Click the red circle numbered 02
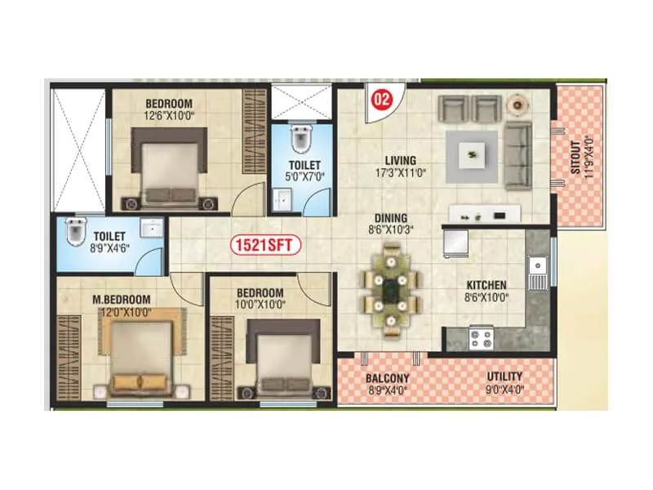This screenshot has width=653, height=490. tap(382, 99)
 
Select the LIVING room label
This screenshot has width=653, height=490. tap(400, 160)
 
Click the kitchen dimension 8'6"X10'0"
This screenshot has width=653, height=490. tap(486, 297)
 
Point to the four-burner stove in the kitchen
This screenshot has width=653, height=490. tap(482, 338)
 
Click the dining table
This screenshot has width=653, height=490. tap(391, 289)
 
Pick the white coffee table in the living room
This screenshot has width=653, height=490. tap(472, 155)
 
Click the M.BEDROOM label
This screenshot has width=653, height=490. tap(121, 299)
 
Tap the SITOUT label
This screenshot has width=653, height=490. tap(575, 157)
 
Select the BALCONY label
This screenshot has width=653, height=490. tap(387, 378)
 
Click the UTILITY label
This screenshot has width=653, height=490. tap(504, 376)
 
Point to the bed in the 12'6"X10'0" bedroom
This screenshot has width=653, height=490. tap(170, 168)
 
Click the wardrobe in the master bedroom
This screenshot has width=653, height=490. tap(69, 358)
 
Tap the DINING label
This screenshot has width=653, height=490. tap(391, 218)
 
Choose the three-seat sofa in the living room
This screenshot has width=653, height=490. tap(518, 156)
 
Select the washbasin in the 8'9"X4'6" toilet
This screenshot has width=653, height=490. tap(152, 228)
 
